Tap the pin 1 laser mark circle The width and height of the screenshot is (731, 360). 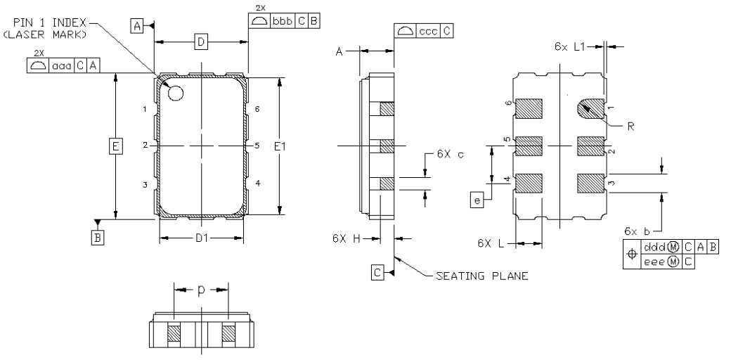174,92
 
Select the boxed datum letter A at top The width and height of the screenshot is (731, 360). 137,25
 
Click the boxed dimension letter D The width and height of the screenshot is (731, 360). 200,44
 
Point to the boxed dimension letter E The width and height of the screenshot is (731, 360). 116,146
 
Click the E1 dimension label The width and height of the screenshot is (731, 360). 280,146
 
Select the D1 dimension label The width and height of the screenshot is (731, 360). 201,239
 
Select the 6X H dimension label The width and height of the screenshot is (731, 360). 347,239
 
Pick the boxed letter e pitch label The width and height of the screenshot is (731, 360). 477,200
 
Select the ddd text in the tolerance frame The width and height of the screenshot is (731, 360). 652,247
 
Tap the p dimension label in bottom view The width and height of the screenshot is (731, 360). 201,289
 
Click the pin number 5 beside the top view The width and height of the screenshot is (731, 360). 257,146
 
